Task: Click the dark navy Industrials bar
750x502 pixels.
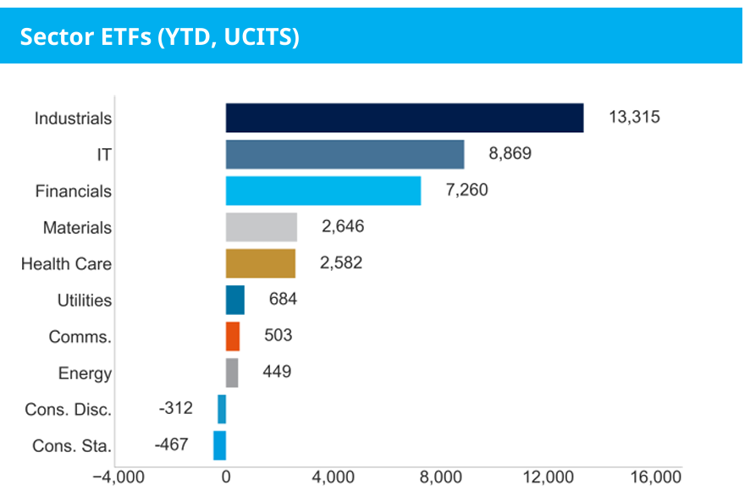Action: [405, 118]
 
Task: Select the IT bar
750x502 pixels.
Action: [345, 154]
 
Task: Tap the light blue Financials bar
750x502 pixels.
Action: [323, 190]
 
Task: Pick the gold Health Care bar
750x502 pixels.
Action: [260, 263]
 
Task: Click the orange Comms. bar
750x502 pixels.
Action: [232, 336]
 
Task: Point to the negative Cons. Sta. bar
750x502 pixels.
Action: [219, 445]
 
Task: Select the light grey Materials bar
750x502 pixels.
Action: [261, 227]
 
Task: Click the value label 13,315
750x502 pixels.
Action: [634, 117]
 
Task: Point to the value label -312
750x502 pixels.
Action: [175, 408]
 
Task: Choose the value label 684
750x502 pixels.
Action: [283, 299]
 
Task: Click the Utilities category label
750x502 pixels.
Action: [84, 301]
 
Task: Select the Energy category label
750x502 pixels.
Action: [85, 373]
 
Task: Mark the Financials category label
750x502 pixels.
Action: [73, 191]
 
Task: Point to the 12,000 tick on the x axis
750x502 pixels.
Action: [548, 477]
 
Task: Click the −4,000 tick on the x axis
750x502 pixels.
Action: [119, 477]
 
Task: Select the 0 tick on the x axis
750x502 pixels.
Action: [226, 477]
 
